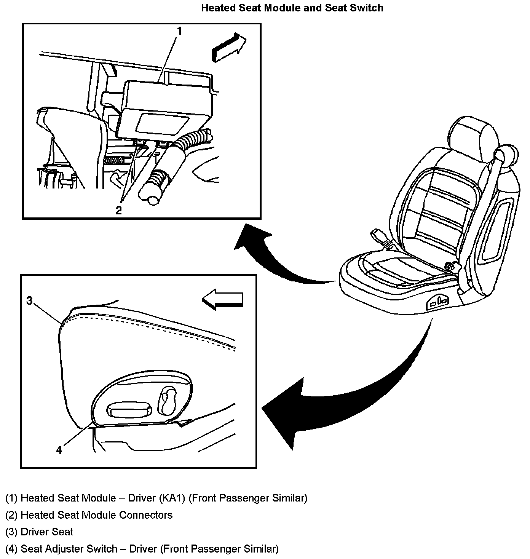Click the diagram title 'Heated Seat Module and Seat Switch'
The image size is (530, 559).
point(292,8)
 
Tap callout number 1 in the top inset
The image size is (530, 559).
point(180,31)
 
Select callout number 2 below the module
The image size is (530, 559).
point(119,210)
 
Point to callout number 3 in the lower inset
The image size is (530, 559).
point(29,301)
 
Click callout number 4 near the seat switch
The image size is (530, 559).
point(59,450)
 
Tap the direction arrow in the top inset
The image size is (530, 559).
point(228,46)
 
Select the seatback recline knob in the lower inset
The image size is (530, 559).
point(168,400)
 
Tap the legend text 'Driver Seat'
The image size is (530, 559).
point(47,532)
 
